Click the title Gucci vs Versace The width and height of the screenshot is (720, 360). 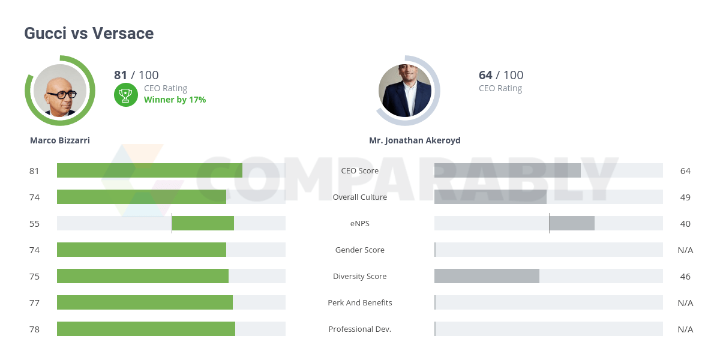click(x=89, y=34)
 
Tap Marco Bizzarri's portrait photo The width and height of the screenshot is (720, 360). click(x=60, y=91)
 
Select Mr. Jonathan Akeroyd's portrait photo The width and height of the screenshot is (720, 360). click(x=405, y=91)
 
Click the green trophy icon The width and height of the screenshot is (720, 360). click(x=125, y=94)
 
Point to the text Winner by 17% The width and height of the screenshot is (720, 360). click(x=175, y=100)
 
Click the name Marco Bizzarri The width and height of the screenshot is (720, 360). click(x=60, y=140)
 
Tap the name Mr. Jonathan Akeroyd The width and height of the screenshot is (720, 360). click(x=415, y=140)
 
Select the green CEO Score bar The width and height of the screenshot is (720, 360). click(x=149, y=170)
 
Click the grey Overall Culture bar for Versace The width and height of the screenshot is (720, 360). click(x=490, y=197)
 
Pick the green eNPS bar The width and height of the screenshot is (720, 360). click(x=203, y=223)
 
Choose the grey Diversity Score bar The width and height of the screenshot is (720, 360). click(x=487, y=276)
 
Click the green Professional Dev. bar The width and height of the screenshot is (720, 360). click(x=146, y=329)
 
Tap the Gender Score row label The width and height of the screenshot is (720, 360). click(x=360, y=250)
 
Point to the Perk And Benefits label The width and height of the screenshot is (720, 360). click(x=360, y=302)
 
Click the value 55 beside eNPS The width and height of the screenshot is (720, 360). click(x=34, y=223)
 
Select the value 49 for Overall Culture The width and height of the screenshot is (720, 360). click(x=685, y=197)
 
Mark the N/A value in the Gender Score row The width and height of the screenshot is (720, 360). click(x=685, y=250)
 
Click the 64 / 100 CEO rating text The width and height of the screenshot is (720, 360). click(x=501, y=75)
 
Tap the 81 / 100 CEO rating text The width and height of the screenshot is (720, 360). click(x=136, y=75)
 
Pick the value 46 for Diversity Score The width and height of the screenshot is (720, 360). click(x=685, y=276)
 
